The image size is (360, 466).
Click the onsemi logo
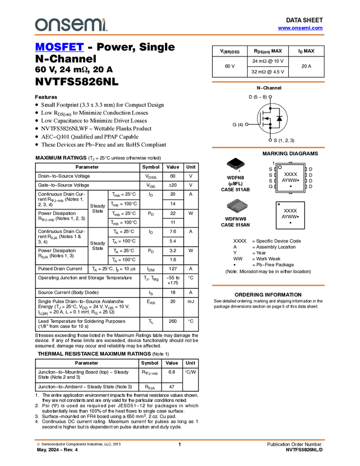point(70,25)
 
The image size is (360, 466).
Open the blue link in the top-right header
point(300,28)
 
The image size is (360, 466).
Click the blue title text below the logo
point(59,48)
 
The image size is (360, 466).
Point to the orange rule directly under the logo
point(180,35)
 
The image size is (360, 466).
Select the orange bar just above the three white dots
point(268,82)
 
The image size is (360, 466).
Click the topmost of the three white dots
point(270,97)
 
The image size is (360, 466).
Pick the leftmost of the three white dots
point(247,124)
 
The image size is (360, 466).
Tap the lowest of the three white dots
point(270,140)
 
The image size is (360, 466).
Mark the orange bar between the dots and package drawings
point(268,147)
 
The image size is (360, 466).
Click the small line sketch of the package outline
point(236,166)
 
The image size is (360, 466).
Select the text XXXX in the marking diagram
point(290,174)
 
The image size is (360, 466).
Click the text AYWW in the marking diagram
point(289,180)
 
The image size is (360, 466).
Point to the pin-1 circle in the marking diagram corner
point(280,167)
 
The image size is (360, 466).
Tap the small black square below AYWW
point(290,186)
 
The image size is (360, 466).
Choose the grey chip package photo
point(237,206)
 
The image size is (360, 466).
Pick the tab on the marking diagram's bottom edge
point(290,192)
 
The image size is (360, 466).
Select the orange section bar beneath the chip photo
point(268,286)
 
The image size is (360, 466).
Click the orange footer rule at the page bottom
point(180,440)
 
